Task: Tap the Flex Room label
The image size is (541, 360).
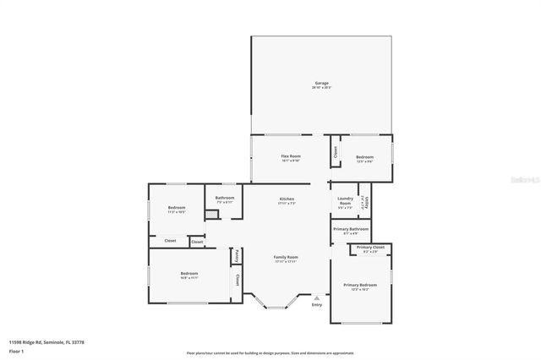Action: click(291, 157)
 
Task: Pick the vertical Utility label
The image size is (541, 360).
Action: click(365, 204)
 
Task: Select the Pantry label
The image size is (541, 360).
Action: click(238, 256)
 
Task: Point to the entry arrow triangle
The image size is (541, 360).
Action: click(317, 297)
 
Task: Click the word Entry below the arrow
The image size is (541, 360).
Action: click(317, 305)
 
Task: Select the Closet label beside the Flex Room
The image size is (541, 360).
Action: click(335, 152)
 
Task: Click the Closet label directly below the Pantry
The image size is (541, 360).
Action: click(238, 278)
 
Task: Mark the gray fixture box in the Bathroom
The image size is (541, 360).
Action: click(211, 215)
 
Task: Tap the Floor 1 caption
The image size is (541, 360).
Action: click(16, 351)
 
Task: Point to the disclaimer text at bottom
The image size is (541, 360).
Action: click(270, 352)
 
